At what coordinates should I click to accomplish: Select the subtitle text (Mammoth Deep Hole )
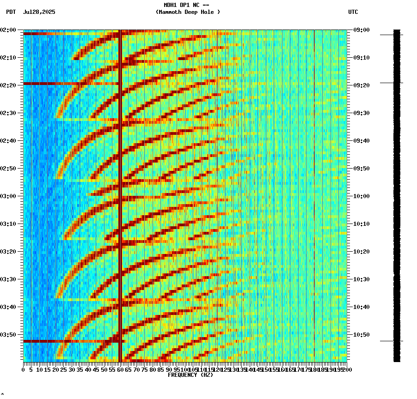(x=188, y=12)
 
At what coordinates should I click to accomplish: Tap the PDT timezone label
(x=11, y=12)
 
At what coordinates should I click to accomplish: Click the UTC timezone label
(x=353, y=12)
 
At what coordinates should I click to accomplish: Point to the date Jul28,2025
(x=39, y=12)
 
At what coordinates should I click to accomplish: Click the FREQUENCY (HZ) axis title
(x=190, y=375)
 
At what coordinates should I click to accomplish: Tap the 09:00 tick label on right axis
(x=361, y=30)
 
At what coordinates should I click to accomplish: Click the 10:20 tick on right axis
(x=361, y=252)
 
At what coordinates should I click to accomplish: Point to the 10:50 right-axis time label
(x=361, y=335)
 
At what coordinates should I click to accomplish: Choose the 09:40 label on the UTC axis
(x=361, y=141)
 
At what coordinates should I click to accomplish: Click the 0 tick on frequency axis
(x=24, y=370)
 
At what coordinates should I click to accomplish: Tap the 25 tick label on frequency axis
(x=64, y=370)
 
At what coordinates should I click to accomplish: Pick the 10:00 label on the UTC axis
(x=361, y=196)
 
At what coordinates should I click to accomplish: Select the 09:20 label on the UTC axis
(x=361, y=85)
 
